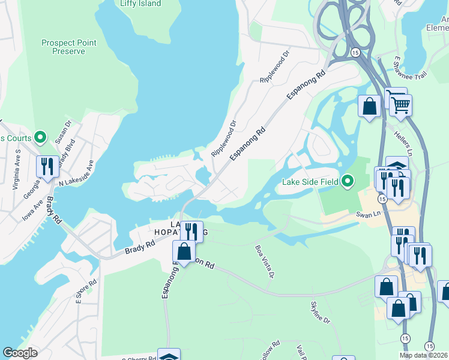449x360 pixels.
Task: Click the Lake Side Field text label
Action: (x=310, y=181)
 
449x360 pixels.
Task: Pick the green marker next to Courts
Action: (x=40, y=138)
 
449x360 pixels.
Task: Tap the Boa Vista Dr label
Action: (x=265, y=261)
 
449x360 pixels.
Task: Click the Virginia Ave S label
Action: (x=18, y=170)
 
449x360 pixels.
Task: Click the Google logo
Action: (x=20, y=353)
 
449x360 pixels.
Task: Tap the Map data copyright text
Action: (x=423, y=355)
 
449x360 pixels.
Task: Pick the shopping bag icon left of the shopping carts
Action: (x=370, y=107)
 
